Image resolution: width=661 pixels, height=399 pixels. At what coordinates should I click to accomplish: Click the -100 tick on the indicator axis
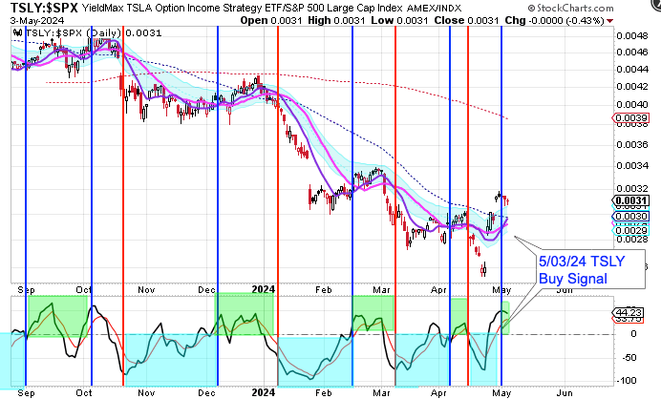click(627, 379)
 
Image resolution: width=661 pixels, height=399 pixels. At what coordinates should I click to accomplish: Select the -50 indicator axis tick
click(627, 357)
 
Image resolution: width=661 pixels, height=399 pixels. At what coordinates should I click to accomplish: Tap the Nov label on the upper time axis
click(146, 285)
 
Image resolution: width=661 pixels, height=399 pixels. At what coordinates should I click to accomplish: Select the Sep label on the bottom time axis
click(27, 390)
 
